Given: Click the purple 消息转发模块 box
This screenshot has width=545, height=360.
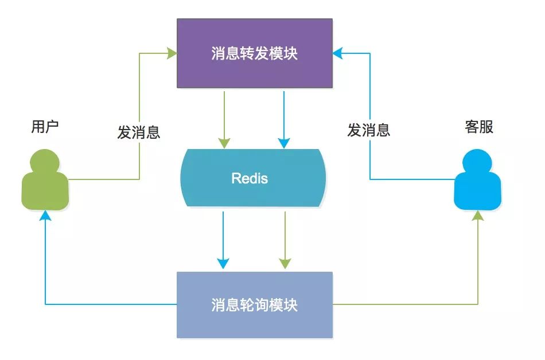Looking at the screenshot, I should coord(254,54).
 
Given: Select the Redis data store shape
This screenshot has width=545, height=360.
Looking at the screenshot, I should coord(253,178).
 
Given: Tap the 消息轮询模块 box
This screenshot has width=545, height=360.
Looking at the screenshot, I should coord(254,304).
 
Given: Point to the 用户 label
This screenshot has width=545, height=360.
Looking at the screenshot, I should coord(45,127).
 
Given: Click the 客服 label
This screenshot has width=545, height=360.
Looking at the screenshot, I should coord(478,127).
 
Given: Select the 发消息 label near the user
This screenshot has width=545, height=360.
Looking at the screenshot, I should coord(138,132).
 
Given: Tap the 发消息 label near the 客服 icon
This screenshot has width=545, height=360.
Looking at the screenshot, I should coord(368,130).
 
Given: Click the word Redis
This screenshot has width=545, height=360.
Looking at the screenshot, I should coord(250,178).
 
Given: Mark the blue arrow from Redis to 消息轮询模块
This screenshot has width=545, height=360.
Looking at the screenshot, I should coord(223,238).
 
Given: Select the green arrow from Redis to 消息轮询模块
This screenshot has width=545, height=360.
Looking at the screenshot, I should coord(285,238).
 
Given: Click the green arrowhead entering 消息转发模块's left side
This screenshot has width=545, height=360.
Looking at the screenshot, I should coord(172,53).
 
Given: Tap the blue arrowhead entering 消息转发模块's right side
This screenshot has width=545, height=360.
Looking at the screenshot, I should coord(338,53).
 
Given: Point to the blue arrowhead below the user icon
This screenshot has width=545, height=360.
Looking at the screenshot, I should coord(45,216).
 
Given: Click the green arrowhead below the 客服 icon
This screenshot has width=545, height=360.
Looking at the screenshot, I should coord(477,216).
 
